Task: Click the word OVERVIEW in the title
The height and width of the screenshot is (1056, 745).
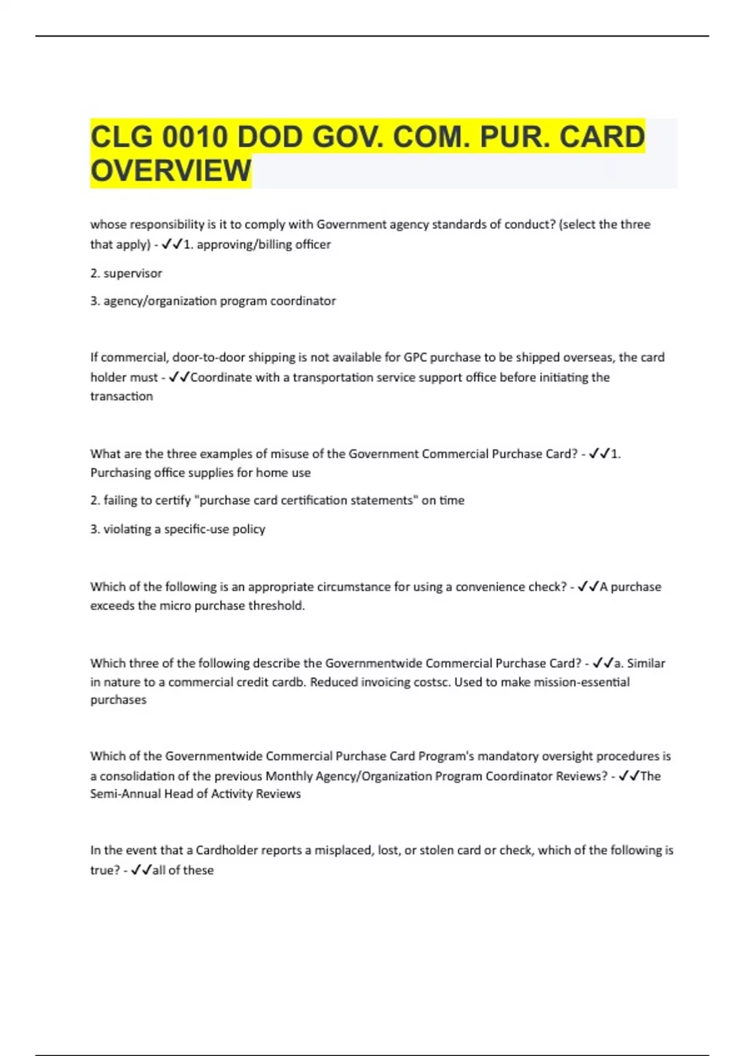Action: [171, 171]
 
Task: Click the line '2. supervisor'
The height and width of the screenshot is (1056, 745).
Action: [126, 273]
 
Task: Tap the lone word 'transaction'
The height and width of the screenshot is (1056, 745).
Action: [121, 396]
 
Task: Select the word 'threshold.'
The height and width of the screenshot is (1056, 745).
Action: [276, 606]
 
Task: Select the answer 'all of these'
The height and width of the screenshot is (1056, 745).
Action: [183, 870]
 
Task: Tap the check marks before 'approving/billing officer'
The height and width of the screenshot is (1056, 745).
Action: [171, 245]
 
